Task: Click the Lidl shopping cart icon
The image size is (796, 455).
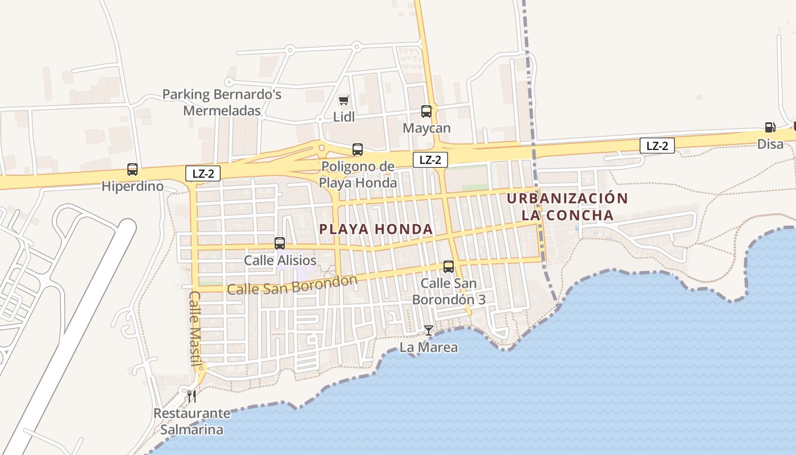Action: [343, 101]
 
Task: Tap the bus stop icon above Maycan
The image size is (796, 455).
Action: [426, 111]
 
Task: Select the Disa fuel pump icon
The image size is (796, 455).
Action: [770, 128]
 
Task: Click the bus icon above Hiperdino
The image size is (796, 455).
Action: [132, 169]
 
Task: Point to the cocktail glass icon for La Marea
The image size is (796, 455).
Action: [428, 330]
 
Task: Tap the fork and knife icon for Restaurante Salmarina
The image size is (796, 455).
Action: [192, 395]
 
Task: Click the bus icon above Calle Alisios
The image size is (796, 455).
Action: [280, 243]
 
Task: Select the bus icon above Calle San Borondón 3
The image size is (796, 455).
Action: [449, 266]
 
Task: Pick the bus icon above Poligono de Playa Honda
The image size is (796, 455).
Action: [357, 150]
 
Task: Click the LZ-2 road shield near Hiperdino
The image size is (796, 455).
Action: [203, 174]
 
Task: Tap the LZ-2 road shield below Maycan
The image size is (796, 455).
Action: [430, 160]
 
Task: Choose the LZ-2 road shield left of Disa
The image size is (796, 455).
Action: [657, 146]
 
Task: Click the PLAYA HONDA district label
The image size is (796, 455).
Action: [376, 229]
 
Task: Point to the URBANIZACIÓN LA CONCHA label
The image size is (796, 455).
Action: [567, 206]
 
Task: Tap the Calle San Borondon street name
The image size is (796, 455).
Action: [292, 286]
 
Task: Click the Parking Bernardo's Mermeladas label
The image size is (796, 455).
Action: [222, 102]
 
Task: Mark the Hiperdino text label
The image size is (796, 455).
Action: [132, 186]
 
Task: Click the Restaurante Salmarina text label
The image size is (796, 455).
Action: [192, 421]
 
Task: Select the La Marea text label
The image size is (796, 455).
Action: [428, 347]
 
